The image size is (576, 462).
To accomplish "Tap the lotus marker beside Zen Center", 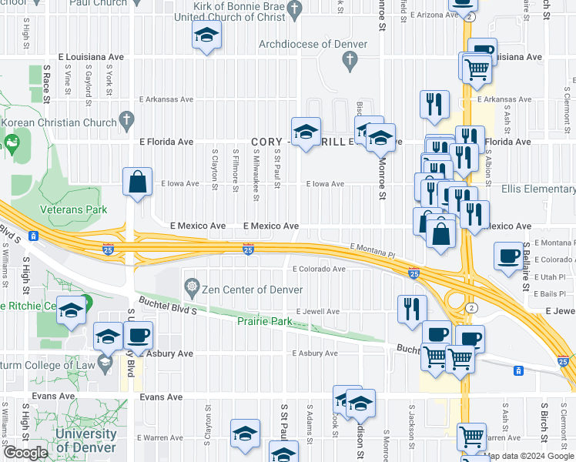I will click(x=192, y=289).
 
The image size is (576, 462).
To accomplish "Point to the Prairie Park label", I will click(x=265, y=320).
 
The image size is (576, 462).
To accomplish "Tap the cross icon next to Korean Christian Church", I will click(x=127, y=120).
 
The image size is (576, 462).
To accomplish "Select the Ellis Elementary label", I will click(x=537, y=189).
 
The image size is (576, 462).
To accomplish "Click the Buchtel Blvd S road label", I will click(x=168, y=306).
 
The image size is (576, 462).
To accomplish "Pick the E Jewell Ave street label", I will click(x=316, y=312).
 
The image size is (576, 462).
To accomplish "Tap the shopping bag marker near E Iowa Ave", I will click(x=137, y=183).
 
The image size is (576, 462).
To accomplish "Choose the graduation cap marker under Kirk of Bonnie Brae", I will click(x=206, y=36).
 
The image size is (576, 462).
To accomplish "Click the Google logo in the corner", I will click(x=25, y=453).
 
